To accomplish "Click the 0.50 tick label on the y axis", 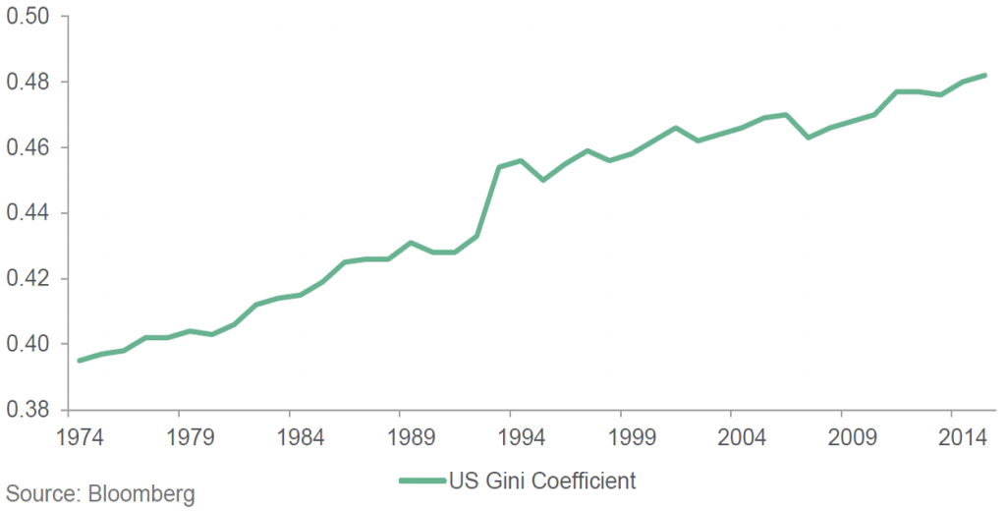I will (x=29, y=17).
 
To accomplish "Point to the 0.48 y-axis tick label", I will (x=29, y=83).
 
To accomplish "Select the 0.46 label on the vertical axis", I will (x=29, y=147).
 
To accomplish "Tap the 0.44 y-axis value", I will (x=29, y=213).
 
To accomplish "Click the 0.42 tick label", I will (x=29, y=279).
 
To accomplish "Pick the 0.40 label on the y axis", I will (x=29, y=344).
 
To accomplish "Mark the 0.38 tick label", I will (x=29, y=410).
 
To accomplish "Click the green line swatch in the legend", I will (x=421, y=482).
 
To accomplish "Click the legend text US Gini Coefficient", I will (x=542, y=482).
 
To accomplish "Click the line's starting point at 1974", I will (x=80, y=361).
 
